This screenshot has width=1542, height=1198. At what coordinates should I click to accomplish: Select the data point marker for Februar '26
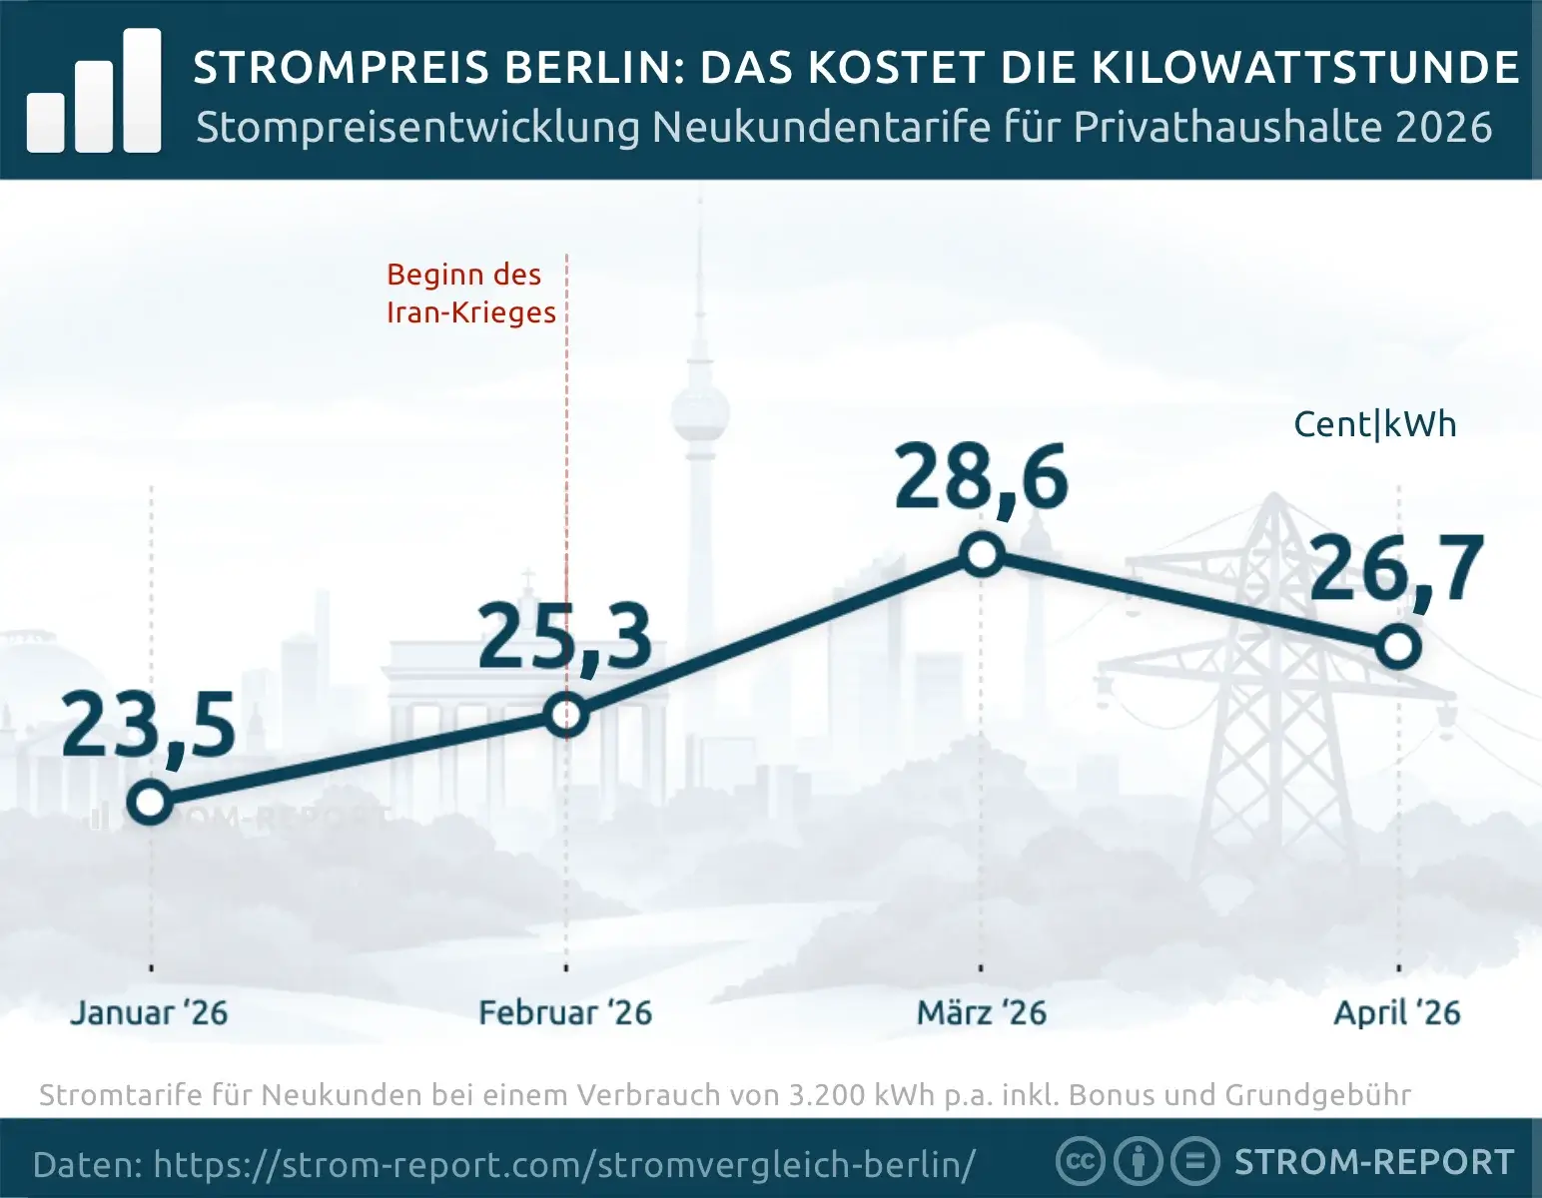(x=566, y=715)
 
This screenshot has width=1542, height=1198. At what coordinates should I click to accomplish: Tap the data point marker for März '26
(x=982, y=555)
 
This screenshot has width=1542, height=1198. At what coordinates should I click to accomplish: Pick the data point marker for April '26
(x=1398, y=647)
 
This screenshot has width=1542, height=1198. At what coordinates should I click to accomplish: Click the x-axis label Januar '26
(x=149, y=1013)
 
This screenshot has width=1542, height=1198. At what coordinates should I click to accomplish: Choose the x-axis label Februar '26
(x=565, y=1013)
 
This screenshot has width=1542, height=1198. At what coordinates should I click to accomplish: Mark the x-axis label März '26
(x=982, y=1013)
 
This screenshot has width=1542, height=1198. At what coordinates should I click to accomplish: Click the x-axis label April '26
(x=1397, y=1013)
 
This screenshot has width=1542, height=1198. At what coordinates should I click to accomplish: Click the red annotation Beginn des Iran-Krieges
(x=470, y=294)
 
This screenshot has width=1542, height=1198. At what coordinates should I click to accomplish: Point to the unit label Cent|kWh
(x=1375, y=424)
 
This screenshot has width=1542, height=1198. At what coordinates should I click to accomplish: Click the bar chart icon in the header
(x=94, y=92)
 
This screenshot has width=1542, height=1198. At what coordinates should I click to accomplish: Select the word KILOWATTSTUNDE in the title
(x=1305, y=68)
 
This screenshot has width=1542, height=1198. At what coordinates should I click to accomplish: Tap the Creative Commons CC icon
(x=1080, y=1162)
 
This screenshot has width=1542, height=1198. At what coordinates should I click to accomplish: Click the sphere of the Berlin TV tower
(x=699, y=411)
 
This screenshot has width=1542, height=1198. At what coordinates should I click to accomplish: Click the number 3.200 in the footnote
(x=828, y=1095)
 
